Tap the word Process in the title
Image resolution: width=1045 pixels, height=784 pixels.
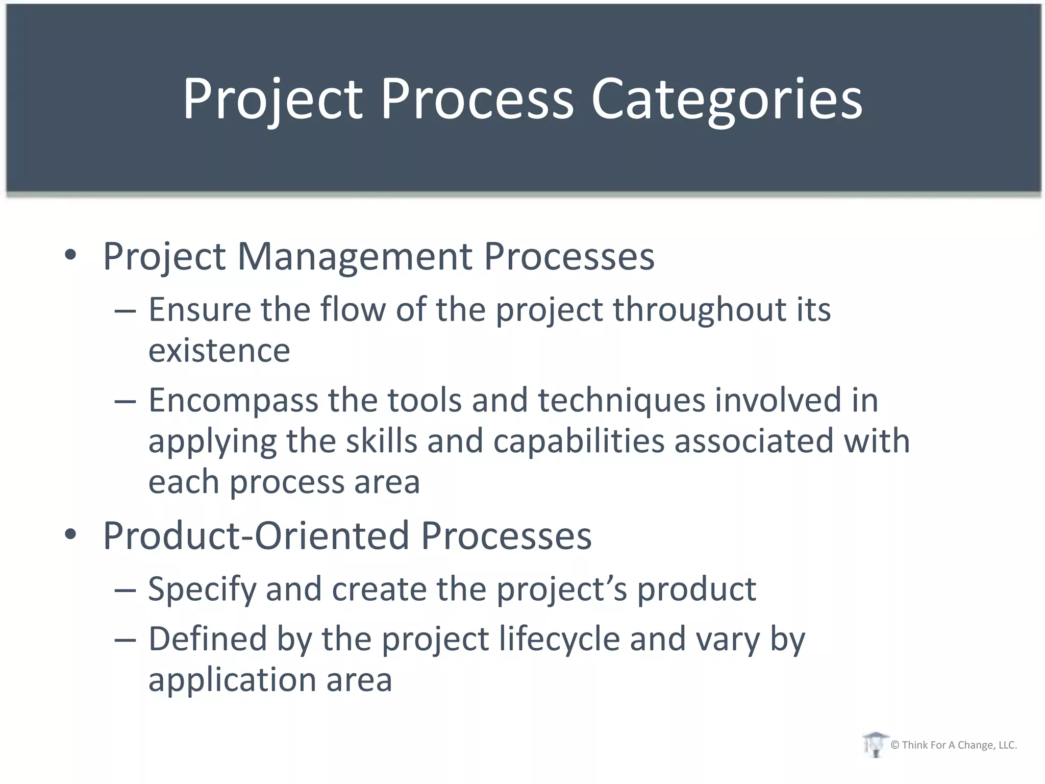[x=477, y=100]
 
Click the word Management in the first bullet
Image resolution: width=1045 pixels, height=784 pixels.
[x=355, y=256]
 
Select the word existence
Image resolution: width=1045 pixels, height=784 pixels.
[x=219, y=351]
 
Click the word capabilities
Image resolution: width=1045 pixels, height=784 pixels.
[x=579, y=442]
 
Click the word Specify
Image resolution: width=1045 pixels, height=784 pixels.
[x=202, y=590]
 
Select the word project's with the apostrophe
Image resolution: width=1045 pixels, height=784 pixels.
[x=562, y=590]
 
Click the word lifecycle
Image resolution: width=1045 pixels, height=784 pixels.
[x=559, y=640]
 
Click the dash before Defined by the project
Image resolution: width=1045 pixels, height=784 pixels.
[x=125, y=640]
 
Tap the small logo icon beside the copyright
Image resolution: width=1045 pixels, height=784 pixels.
[x=875, y=745]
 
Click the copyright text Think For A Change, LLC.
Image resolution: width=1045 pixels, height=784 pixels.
[x=953, y=745]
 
